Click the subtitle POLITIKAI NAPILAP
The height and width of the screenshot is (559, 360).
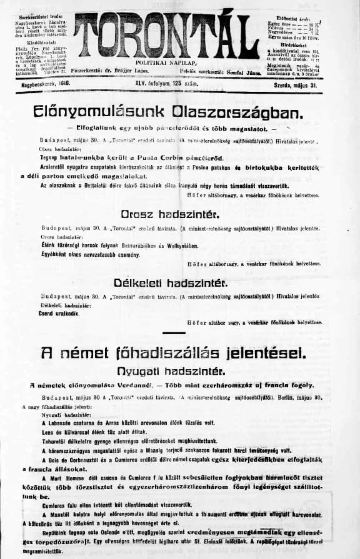[x=179, y=64]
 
